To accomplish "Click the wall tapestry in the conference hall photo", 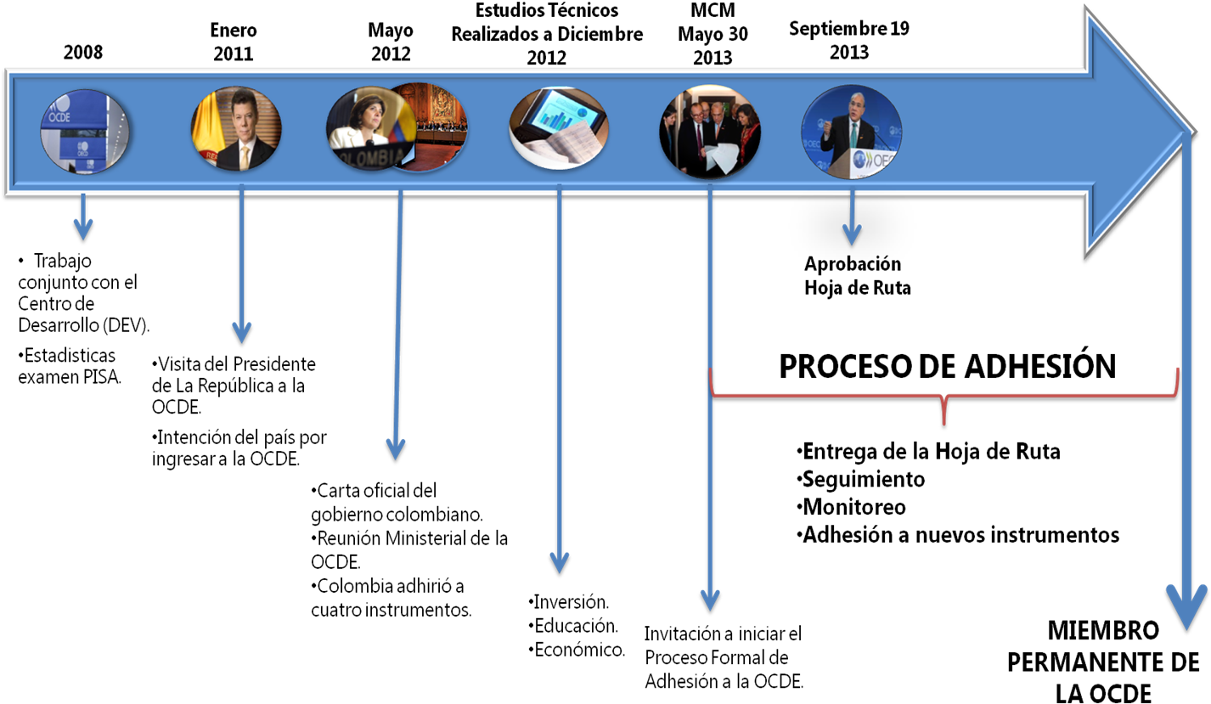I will click(x=442, y=106).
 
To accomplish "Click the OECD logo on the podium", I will click(x=875, y=159).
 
